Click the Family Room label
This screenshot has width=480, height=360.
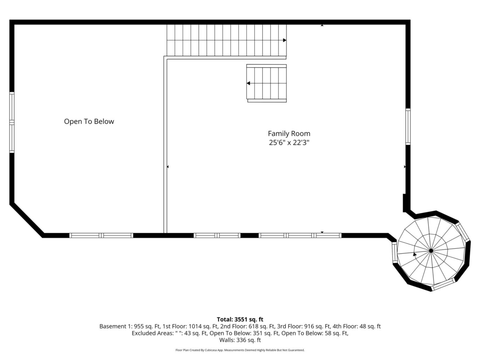[x=289, y=133]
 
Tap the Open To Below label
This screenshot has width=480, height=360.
[x=89, y=121]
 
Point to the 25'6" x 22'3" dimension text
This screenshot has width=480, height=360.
[x=289, y=143]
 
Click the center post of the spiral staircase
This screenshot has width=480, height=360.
[x=431, y=251]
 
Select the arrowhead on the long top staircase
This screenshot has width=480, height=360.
[x=284, y=40]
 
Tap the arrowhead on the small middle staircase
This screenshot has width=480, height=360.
[x=248, y=83]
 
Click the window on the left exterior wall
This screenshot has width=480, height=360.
[x=12, y=123]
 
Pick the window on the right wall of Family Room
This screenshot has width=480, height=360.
[x=408, y=127]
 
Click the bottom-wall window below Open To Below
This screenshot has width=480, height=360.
[x=101, y=235]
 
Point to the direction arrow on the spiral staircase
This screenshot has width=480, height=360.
[x=414, y=254]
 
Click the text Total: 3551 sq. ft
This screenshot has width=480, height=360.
[x=240, y=320]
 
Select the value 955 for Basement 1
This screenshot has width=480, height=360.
[x=138, y=326]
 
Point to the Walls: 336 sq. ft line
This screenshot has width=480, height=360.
[x=240, y=340]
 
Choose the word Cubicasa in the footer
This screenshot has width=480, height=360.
[x=210, y=350]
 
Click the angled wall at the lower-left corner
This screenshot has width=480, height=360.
[x=27, y=220]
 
